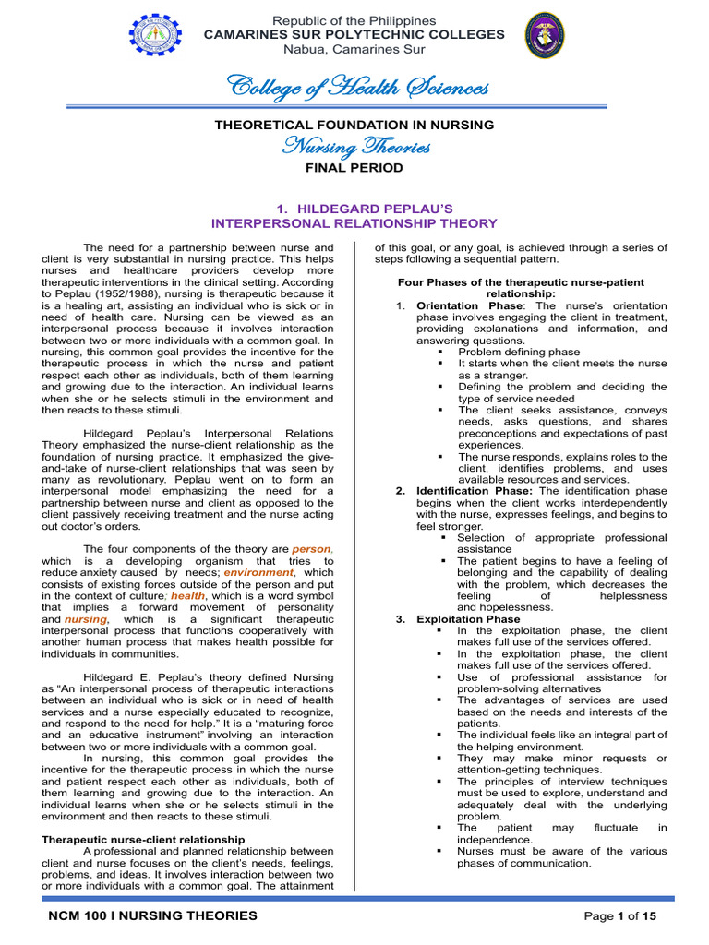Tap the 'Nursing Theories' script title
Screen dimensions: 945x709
(354, 146)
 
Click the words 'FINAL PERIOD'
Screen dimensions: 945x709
(354, 168)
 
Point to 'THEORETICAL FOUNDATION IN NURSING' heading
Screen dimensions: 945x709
(354, 125)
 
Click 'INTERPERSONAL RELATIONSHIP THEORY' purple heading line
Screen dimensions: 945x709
(354, 223)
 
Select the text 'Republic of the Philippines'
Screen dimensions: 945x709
(355, 20)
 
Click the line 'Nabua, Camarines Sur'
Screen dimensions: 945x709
(355, 49)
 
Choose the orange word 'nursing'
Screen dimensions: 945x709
(86, 619)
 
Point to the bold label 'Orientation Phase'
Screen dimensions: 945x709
(470, 305)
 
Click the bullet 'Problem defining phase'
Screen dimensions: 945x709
(519, 352)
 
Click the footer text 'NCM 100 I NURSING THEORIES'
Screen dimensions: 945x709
(153, 915)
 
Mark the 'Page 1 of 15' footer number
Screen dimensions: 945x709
(619, 915)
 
